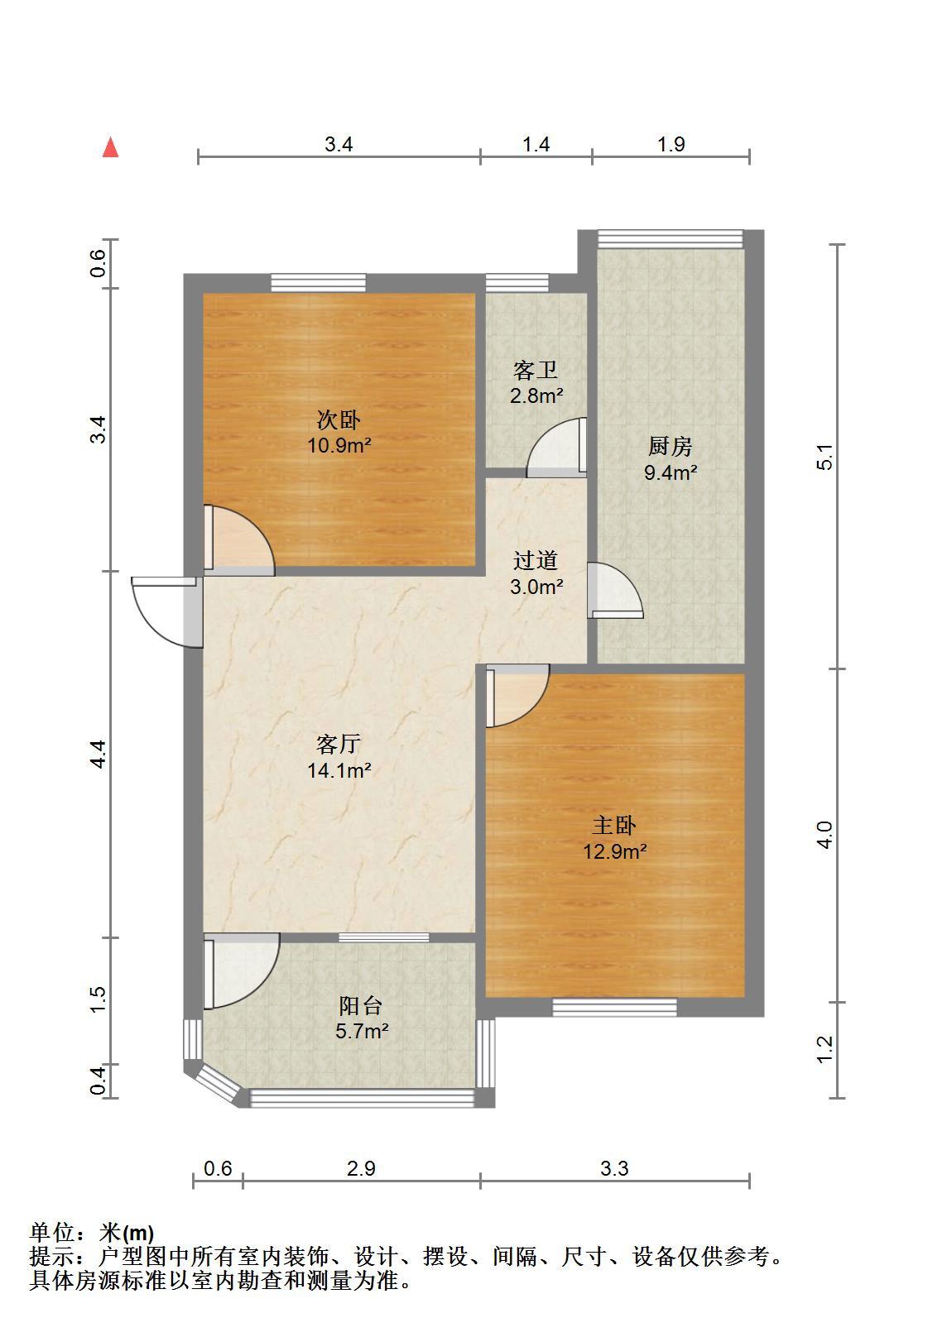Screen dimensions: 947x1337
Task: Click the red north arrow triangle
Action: (x=110, y=147)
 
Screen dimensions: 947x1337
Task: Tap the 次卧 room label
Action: (x=339, y=420)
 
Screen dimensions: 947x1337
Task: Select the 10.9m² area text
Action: (x=339, y=445)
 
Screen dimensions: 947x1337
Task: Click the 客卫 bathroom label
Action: (x=536, y=370)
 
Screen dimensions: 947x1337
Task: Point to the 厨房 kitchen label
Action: (x=670, y=447)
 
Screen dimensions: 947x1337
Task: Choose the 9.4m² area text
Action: (x=671, y=472)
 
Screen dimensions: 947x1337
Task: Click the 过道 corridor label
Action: (x=536, y=560)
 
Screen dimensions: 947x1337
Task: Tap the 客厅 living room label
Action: (x=339, y=744)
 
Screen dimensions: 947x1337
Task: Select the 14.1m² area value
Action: (x=339, y=770)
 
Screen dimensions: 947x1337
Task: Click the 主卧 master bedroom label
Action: (x=614, y=826)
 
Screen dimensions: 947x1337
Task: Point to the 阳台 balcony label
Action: (x=361, y=1006)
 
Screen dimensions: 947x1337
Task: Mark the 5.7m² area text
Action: (x=362, y=1031)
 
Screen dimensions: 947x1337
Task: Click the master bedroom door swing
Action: (x=517, y=695)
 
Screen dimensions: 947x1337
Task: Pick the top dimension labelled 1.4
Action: (x=536, y=145)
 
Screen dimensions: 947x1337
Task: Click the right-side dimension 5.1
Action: (x=824, y=457)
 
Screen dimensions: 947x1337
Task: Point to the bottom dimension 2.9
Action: (x=361, y=1168)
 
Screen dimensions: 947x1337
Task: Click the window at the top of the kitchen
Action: (x=671, y=239)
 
